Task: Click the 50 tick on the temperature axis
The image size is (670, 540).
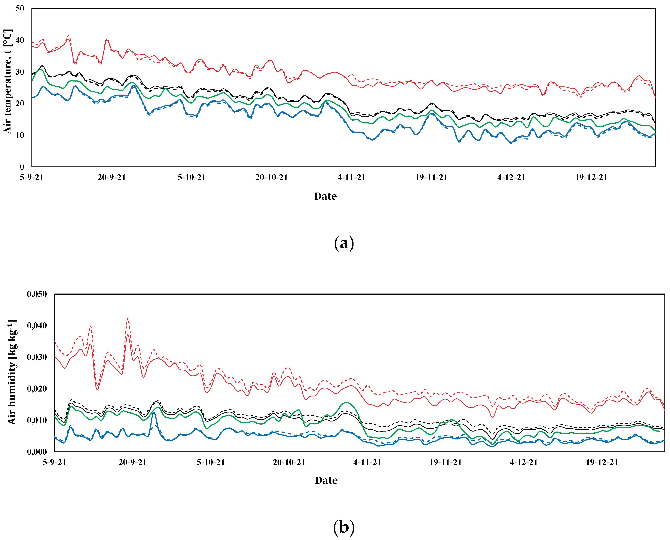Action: pos(20,9)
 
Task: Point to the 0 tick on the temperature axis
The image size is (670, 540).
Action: pos(22,167)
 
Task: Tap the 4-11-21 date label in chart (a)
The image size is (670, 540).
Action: pos(351,177)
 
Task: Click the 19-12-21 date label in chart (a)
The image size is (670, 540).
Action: pos(591,177)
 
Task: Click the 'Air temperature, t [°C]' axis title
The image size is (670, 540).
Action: pos(7,82)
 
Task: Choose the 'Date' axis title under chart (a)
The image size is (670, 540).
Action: pos(325,196)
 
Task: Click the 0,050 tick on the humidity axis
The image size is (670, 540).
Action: pos(37,294)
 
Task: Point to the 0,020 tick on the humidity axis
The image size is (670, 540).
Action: pos(37,389)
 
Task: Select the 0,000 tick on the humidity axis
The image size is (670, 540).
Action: pos(37,452)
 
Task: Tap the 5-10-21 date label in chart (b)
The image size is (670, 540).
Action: pos(211,462)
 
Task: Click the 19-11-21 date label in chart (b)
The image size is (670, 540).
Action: pos(446,462)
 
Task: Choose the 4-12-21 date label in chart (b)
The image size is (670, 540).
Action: pos(523,462)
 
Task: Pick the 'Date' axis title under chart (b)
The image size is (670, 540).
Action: pos(326,480)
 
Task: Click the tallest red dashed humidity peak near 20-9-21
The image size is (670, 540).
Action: pos(128,319)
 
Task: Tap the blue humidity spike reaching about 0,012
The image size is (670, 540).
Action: pos(154,412)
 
